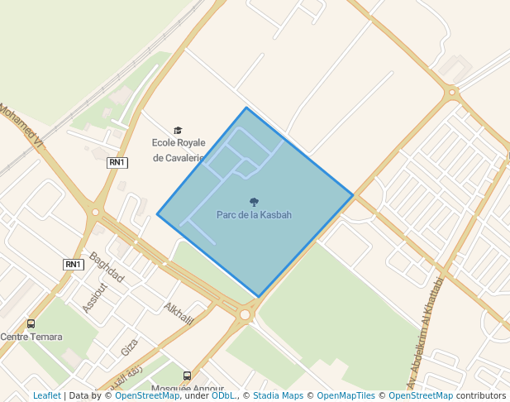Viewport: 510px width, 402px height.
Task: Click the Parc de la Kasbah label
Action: click(x=254, y=215)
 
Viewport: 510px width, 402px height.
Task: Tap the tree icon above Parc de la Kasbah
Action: click(x=254, y=202)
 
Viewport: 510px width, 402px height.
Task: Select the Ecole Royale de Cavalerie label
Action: click(x=178, y=150)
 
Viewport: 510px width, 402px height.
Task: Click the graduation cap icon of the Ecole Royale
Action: click(x=178, y=131)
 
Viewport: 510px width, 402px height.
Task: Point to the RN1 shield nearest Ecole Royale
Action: click(x=117, y=163)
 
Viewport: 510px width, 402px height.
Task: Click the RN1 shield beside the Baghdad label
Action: click(x=74, y=265)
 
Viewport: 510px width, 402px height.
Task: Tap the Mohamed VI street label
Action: click(x=21, y=126)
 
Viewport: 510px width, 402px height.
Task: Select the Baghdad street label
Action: click(x=107, y=267)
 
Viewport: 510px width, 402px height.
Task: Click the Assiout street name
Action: click(x=95, y=298)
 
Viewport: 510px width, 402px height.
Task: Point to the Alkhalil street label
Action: click(x=179, y=313)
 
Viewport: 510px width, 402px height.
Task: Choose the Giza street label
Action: click(x=130, y=347)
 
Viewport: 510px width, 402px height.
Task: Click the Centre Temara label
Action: click(x=31, y=337)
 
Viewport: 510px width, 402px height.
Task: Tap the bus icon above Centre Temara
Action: click(x=31, y=324)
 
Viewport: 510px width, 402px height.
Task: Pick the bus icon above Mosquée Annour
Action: click(x=187, y=376)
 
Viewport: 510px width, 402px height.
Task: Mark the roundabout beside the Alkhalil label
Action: click(x=245, y=314)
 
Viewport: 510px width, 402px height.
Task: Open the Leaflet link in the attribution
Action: click(x=46, y=395)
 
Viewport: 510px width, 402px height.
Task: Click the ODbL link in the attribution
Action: click(x=223, y=395)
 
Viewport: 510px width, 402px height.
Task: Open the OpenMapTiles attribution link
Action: click(x=346, y=395)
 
